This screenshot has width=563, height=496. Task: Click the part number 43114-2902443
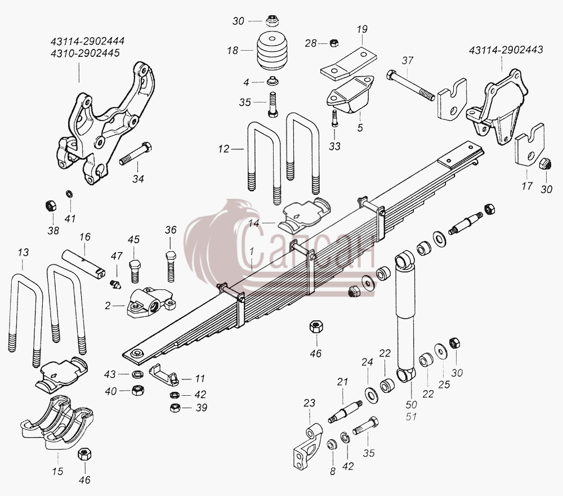[x=506, y=50]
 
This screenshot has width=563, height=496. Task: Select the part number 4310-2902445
[x=85, y=53]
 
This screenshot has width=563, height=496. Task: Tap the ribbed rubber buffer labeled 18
[x=272, y=50]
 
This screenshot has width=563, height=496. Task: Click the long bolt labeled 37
[x=410, y=86]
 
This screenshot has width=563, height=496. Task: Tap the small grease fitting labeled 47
[x=115, y=284]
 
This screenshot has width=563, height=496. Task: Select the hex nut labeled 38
[x=51, y=206]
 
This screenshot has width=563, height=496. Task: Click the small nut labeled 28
[x=334, y=42]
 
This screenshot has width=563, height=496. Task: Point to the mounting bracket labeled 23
[x=308, y=445]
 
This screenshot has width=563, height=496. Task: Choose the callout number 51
[x=411, y=417]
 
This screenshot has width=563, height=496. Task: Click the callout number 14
[x=253, y=224]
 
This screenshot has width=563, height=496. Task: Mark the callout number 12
[x=224, y=149]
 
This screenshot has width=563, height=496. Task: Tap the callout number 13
[x=23, y=252]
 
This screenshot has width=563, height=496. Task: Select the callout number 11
[x=200, y=378]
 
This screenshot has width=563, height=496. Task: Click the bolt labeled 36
[x=171, y=266]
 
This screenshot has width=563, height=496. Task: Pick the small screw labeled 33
[x=334, y=118]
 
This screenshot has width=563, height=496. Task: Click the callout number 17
[x=527, y=186]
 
